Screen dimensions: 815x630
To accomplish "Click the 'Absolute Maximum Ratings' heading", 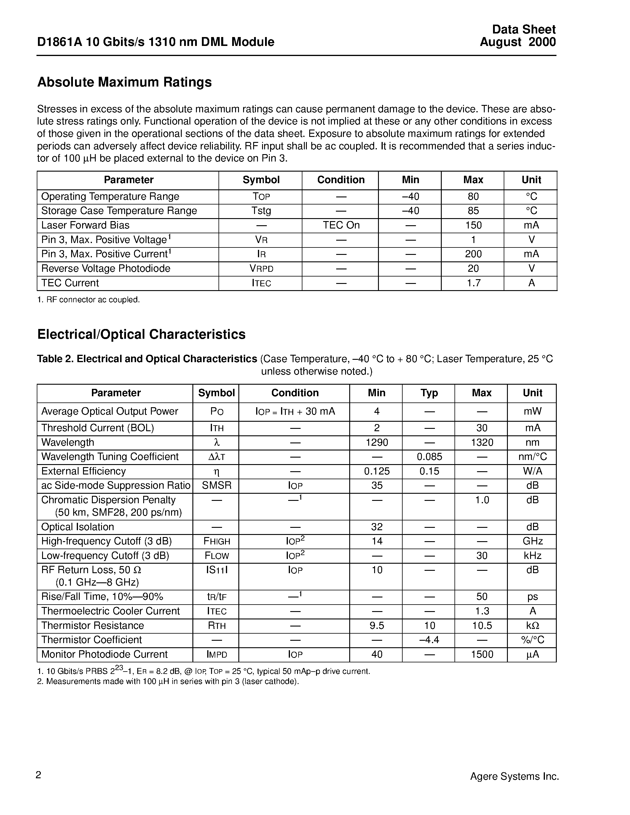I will pyautogui.click(x=124, y=82).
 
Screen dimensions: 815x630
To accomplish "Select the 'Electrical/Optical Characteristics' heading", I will pyautogui.click(x=141, y=334).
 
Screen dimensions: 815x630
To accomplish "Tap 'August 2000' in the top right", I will pyautogui.click(x=518, y=42).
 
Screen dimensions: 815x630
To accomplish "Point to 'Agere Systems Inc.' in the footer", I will pyautogui.click(x=514, y=776).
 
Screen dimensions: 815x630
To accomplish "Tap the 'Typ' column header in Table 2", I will pyautogui.click(x=429, y=393).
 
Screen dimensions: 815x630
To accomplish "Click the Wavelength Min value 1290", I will pyautogui.click(x=377, y=442).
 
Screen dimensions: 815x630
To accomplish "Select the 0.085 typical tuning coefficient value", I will pyautogui.click(x=429, y=457).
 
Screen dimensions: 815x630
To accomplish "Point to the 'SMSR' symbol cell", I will pyautogui.click(x=216, y=485).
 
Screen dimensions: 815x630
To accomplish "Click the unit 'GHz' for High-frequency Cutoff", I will pyautogui.click(x=532, y=541).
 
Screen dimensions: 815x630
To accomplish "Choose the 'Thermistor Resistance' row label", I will pyautogui.click(x=92, y=625).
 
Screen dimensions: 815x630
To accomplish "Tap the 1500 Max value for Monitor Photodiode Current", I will pyautogui.click(x=482, y=654).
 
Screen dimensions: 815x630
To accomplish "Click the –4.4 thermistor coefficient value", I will pyautogui.click(x=429, y=640).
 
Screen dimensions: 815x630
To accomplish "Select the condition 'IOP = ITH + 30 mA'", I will pyautogui.click(x=295, y=412).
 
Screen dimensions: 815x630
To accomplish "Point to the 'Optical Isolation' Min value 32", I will pyautogui.click(x=377, y=527).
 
